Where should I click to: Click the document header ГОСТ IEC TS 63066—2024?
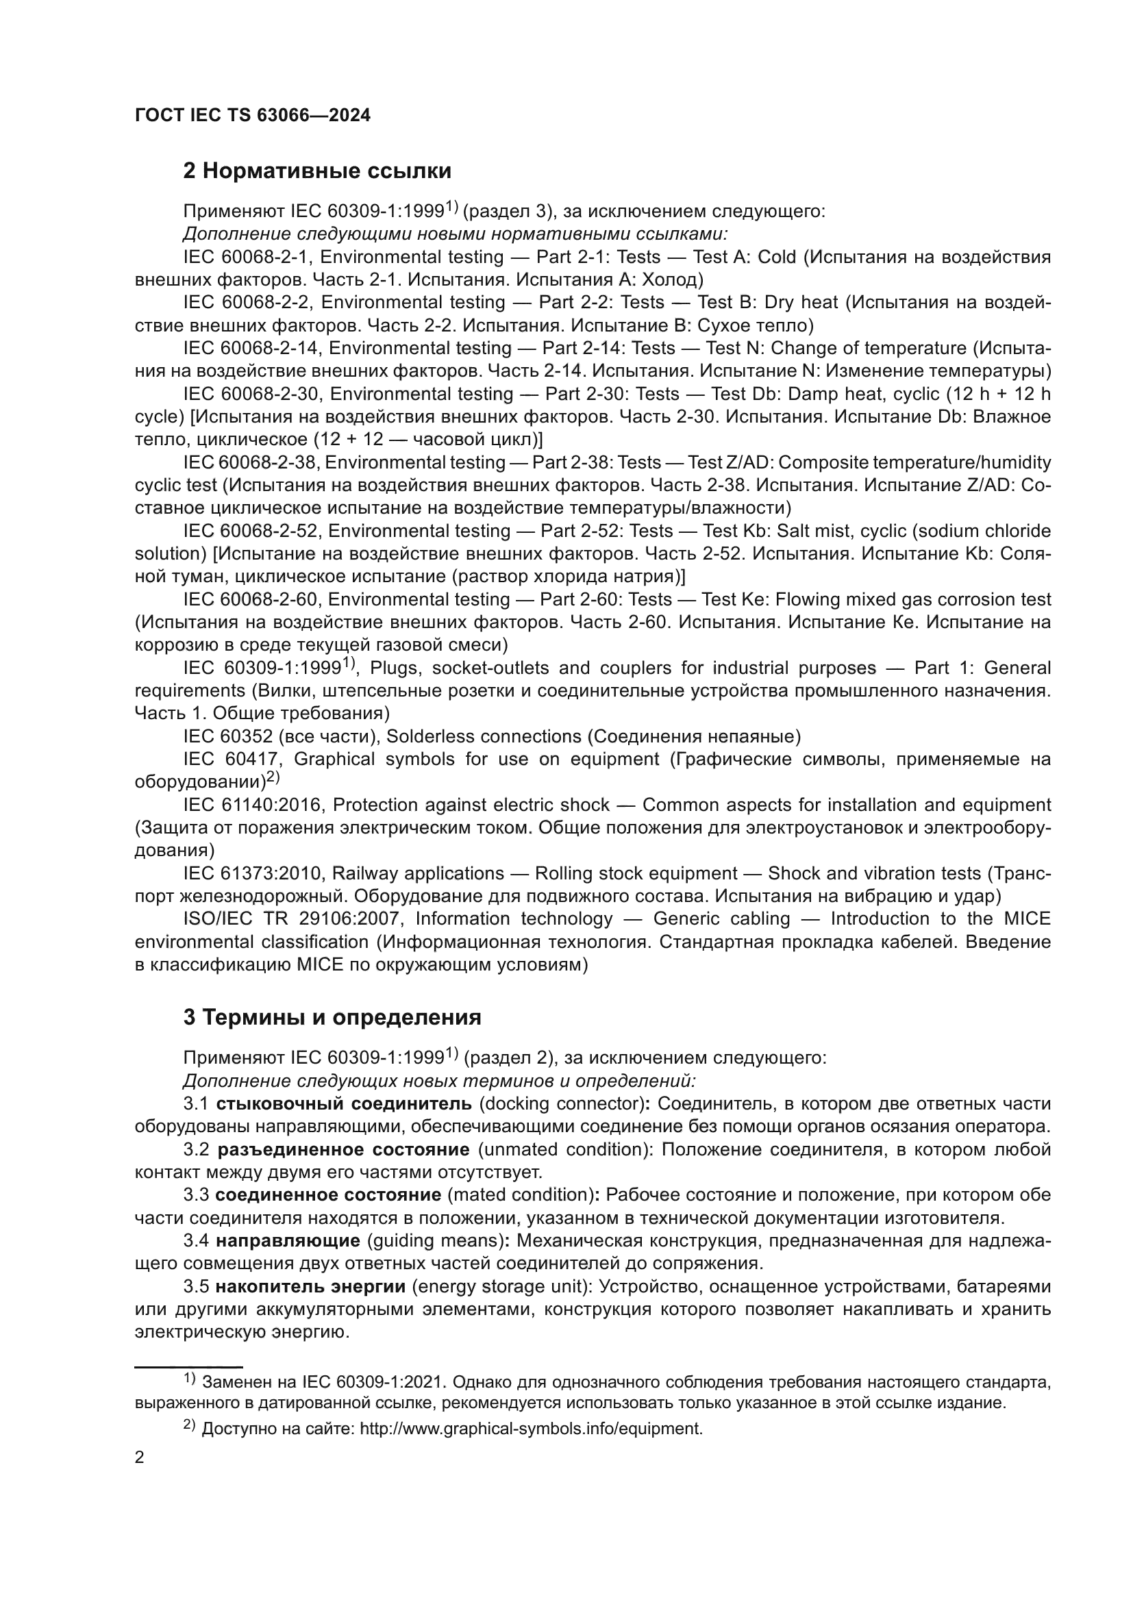pos(253,115)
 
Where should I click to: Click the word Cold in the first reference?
pos(777,258)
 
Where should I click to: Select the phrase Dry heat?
pos(801,303)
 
